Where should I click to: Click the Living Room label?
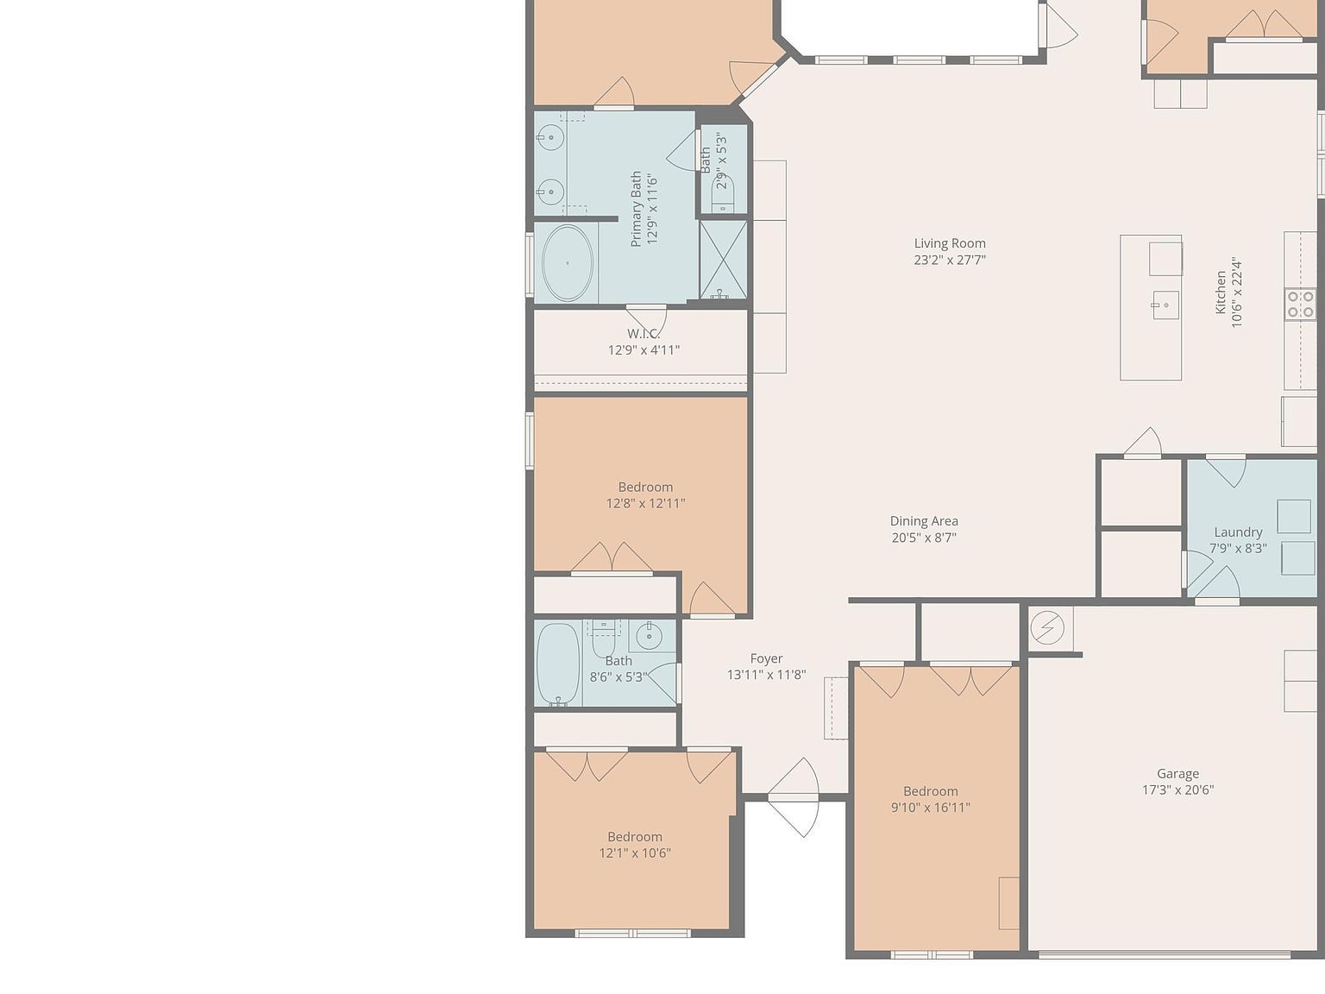(x=950, y=243)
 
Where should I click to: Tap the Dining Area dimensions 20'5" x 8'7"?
(x=924, y=538)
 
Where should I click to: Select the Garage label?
(x=1177, y=774)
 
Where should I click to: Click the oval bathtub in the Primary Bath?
(x=568, y=263)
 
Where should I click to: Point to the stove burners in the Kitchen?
(x=1300, y=305)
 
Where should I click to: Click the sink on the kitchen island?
(x=1165, y=305)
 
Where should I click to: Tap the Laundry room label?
(x=1238, y=532)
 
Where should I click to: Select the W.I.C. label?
(x=644, y=333)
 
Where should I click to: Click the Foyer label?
(x=766, y=658)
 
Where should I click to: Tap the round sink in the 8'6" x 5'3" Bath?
(x=649, y=637)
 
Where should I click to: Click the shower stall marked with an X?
(x=723, y=260)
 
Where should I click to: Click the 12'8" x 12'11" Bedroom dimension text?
(x=645, y=503)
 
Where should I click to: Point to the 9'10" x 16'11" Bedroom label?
(x=930, y=791)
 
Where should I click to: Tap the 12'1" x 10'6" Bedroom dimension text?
(x=635, y=853)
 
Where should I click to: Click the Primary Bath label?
(x=637, y=209)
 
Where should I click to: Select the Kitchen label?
(x=1221, y=293)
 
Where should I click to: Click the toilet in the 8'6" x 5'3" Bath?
(x=603, y=644)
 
